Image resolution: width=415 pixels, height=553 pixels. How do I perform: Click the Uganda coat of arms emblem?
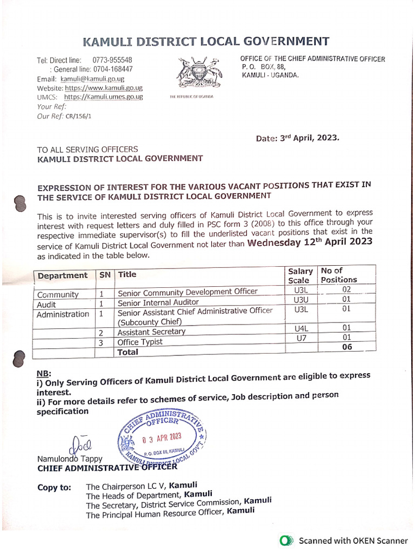coord(200,73)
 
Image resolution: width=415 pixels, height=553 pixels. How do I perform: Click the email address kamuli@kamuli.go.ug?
coord(92,79)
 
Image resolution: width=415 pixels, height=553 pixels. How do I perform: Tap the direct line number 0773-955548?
coord(112,60)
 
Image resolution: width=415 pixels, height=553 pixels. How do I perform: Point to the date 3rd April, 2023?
coord(298,138)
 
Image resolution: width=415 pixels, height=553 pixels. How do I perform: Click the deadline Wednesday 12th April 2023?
coord(310,242)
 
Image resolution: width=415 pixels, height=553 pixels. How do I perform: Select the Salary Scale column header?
coord(300,275)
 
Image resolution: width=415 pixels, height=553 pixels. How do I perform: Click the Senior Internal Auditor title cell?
coord(158,302)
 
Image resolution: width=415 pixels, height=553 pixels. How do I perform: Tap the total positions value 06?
coord(346,347)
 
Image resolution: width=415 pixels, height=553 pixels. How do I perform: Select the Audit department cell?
coord(46,304)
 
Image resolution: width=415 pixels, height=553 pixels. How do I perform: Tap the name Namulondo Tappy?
coord(70,459)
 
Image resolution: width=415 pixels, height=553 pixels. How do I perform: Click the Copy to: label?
coord(54,488)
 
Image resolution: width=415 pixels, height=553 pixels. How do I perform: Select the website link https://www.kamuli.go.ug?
coord(103,87)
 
